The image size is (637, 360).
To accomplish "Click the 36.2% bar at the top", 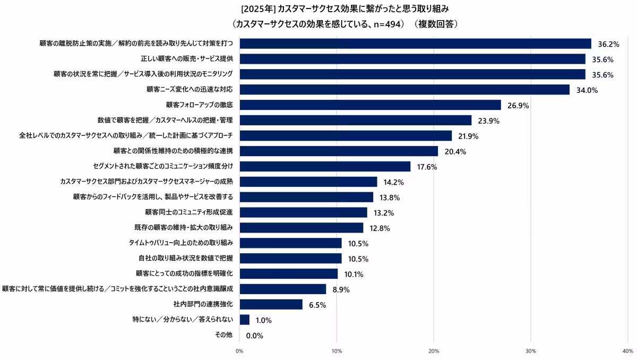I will click(415, 44).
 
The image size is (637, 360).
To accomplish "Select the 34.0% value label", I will click(587, 90).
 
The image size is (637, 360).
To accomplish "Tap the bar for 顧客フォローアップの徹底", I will click(370, 105).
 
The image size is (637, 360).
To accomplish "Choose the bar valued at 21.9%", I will click(346, 136).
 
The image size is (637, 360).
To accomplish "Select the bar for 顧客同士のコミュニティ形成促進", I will click(303, 212).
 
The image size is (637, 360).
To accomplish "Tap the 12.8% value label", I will click(380, 228).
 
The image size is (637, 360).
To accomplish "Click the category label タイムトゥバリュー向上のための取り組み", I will click(181, 243).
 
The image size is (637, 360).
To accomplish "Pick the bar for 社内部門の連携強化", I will click(271, 304).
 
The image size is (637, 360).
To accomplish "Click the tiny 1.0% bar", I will click(244, 320).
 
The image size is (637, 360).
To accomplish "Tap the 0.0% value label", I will click(255, 336).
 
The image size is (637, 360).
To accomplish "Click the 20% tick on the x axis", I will click(434, 351).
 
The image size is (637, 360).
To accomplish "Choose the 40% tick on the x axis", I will click(627, 351).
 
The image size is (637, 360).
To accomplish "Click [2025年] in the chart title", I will click(257, 9).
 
